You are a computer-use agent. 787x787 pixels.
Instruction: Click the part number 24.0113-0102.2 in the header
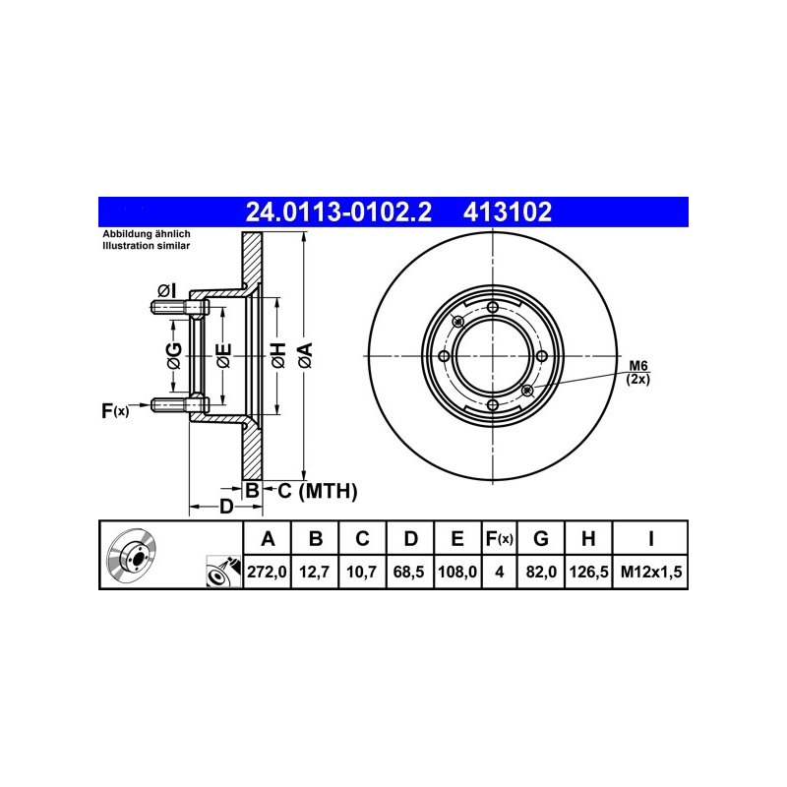tap(338, 212)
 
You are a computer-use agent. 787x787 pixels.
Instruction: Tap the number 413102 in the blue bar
tap(508, 212)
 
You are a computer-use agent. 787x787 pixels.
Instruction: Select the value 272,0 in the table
tap(267, 572)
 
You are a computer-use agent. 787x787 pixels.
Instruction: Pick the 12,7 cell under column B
tap(314, 572)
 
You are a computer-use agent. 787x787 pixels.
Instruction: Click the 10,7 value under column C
tap(361, 572)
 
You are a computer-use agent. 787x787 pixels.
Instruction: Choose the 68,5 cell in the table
tap(409, 572)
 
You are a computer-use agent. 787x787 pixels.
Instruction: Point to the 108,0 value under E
tap(457, 572)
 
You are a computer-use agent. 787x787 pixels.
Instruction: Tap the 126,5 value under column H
tap(588, 572)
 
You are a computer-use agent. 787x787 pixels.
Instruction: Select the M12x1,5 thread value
tap(651, 572)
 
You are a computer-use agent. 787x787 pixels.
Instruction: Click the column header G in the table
tap(540, 538)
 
